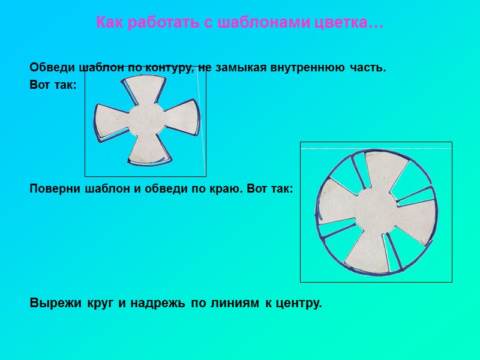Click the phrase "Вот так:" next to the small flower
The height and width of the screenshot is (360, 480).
click(x=53, y=85)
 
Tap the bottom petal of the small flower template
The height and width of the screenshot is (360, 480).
click(x=147, y=150)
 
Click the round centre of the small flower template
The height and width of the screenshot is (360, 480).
click(x=146, y=119)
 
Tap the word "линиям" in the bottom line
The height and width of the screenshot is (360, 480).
click(x=231, y=303)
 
